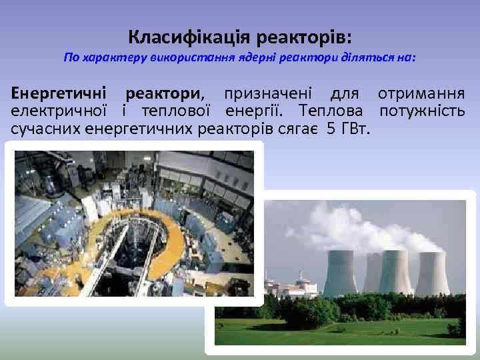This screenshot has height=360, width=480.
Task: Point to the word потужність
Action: click(422, 110)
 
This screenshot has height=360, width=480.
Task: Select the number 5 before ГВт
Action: click(331, 127)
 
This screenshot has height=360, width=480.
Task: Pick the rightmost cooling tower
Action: click(433, 273)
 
